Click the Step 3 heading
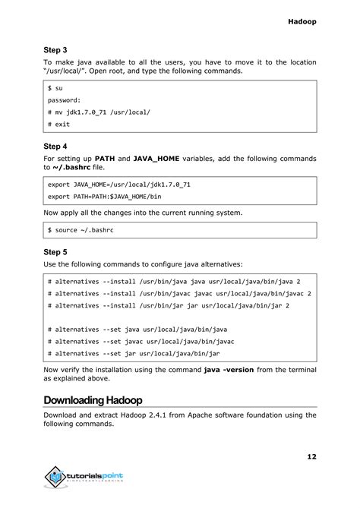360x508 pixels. pyautogui.click(x=55, y=49)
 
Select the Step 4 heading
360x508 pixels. pyautogui.click(x=55, y=146)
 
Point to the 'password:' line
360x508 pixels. pyautogui.click(x=66, y=99)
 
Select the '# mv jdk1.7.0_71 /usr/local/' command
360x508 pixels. pyautogui.click(x=98, y=112)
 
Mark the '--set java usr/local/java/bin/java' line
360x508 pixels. pyautogui.click(x=137, y=330)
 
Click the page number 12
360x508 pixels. pyautogui.click(x=311, y=456)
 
